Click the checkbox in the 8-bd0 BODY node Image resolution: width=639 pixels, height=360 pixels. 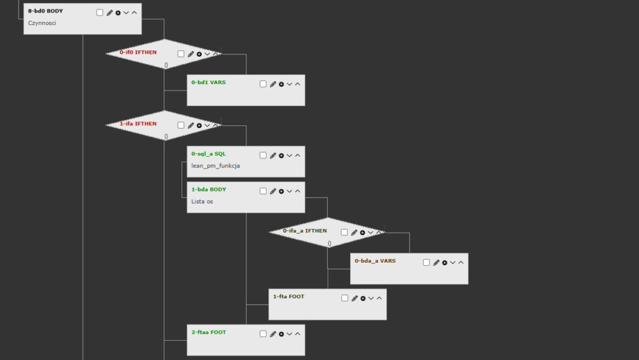tap(100, 12)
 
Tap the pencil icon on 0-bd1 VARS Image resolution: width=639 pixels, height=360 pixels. tap(273, 84)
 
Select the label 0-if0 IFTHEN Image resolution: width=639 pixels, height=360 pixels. tap(138, 52)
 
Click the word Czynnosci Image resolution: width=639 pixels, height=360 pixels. tap(42, 23)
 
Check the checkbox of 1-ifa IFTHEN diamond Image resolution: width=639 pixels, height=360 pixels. tap(181, 125)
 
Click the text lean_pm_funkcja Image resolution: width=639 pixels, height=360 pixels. tap(215, 166)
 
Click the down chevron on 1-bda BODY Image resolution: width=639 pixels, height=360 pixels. tap(290, 192)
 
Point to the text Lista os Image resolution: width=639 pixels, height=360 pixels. tap(202, 202)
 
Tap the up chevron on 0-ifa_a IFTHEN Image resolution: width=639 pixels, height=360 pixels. tap(379, 232)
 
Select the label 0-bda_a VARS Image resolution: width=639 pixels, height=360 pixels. tap(375, 261)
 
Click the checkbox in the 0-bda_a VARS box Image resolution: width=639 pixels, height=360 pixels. tap(427, 263)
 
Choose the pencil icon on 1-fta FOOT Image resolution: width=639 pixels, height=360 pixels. tap(354, 298)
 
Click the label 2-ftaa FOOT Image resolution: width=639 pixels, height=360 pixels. tap(208, 333)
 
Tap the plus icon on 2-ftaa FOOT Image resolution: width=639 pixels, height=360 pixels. tap(281, 334)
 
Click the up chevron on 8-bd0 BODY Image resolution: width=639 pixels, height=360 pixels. tap(134, 12)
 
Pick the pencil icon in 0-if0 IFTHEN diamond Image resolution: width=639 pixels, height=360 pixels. tap(191, 54)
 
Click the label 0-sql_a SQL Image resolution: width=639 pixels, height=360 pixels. tap(208, 153)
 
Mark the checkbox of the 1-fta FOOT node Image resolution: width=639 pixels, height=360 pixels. tap(345, 298)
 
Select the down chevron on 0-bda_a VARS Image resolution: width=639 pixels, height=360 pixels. tap(453, 263)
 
